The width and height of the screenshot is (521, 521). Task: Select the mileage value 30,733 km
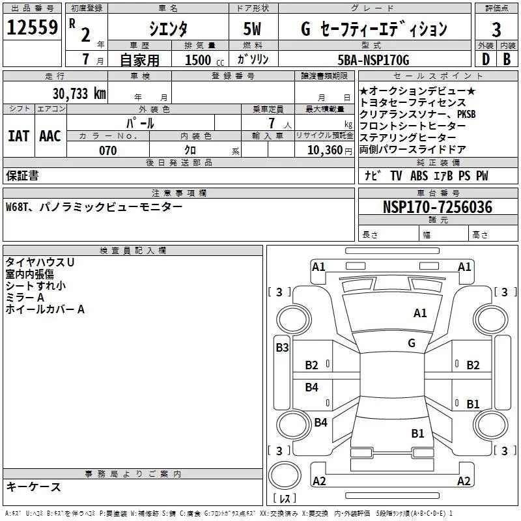[x=79, y=94]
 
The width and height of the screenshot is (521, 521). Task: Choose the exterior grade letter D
[x=485, y=60]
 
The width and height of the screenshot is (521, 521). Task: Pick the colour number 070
[x=107, y=150]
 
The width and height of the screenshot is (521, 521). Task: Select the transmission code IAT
[x=18, y=135]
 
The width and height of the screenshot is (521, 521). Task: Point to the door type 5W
[x=253, y=29]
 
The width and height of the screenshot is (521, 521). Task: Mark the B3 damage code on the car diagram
[x=282, y=348]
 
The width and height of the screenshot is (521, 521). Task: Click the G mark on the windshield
[x=411, y=343]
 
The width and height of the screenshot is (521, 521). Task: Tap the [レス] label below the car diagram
[x=285, y=500]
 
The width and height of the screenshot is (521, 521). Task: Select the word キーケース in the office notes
[x=33, y=486]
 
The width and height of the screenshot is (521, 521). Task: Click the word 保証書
[x=22, y=176]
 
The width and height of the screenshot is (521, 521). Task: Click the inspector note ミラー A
[x=25, y=298]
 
